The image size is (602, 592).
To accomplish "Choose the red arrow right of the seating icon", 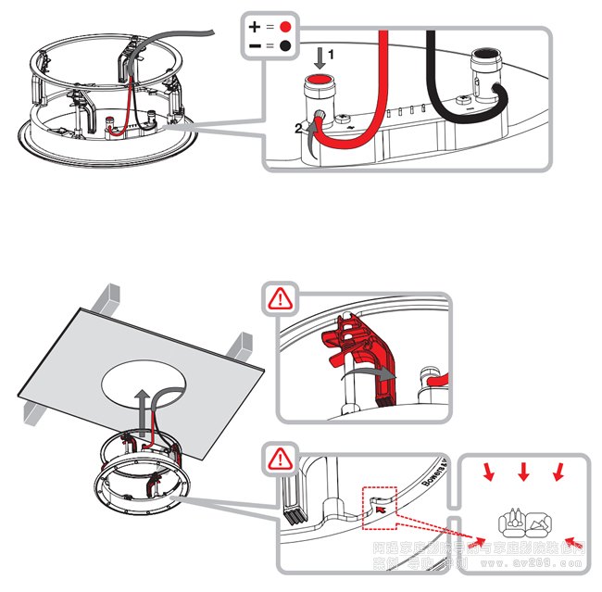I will (x=573, y=539).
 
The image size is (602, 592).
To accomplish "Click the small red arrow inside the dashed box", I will (x=382, y=507).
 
